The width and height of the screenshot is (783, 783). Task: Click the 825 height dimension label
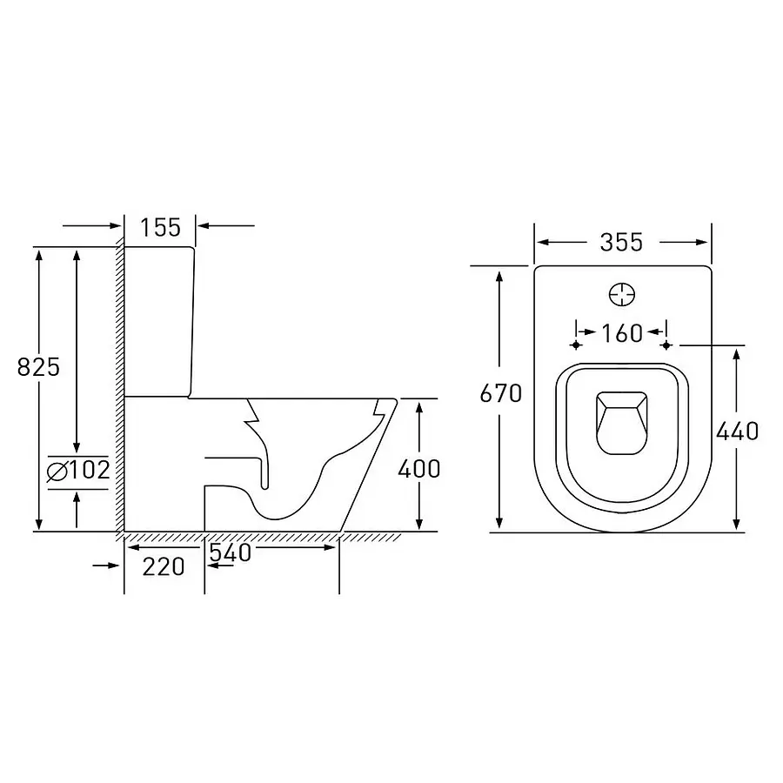38,367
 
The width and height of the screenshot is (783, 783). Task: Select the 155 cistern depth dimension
160,228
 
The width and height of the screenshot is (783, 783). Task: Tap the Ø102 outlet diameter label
78,470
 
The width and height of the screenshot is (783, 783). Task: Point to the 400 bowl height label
419,468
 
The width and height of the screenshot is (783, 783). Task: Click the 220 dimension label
164,566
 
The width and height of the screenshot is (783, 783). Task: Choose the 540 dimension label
231,552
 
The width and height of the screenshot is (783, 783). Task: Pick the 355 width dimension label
622,243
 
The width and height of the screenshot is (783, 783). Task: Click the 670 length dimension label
501,393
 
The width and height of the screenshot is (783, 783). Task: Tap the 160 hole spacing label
622,333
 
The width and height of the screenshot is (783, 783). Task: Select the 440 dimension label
737,431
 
